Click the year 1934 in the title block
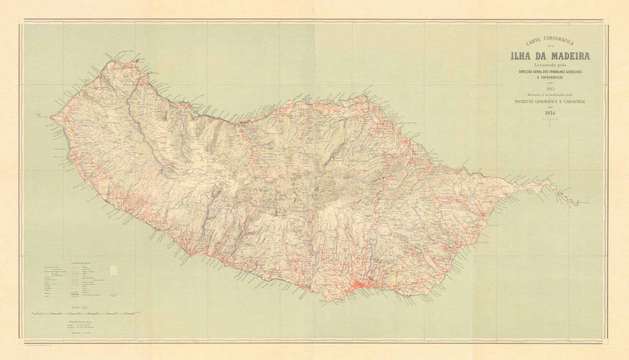pos(550,113)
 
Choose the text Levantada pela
pos(550,65)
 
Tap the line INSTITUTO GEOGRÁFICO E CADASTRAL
pos(550,101)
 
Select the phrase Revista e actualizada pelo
pos(550,95)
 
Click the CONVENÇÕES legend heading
pos(81,262)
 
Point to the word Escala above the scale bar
pos(75,307)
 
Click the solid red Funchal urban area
pos(360,286)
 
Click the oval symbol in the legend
pos(114,295)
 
